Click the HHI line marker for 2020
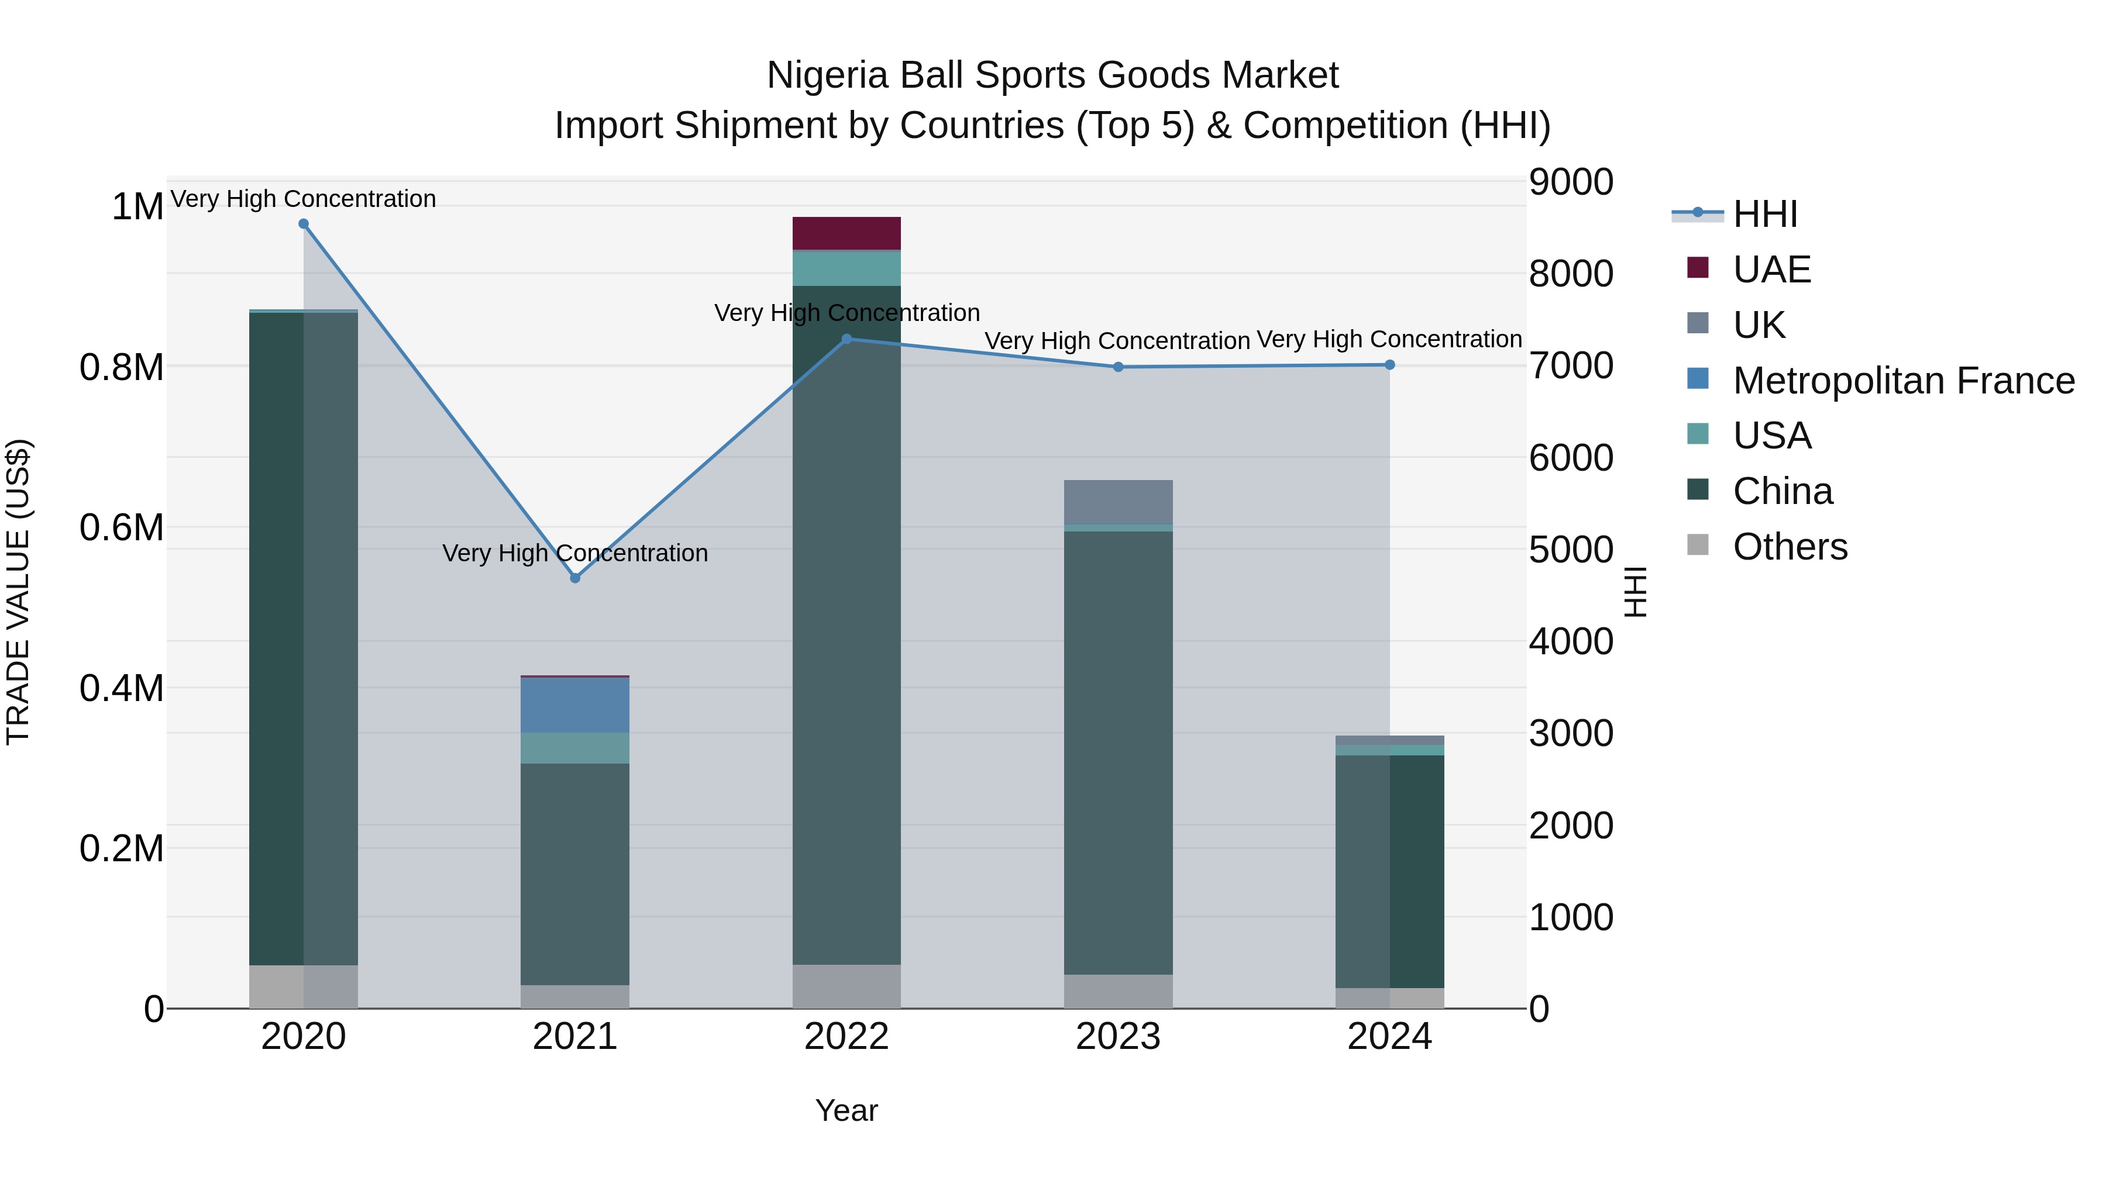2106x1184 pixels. [303, 224]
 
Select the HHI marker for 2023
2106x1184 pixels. [1119, 367]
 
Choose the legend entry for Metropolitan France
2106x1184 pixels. [1903, 381]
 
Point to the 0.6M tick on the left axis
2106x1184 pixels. [121, 527]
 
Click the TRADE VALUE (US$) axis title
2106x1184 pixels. [18, 592]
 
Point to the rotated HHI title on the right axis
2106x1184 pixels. [1634, 592]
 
